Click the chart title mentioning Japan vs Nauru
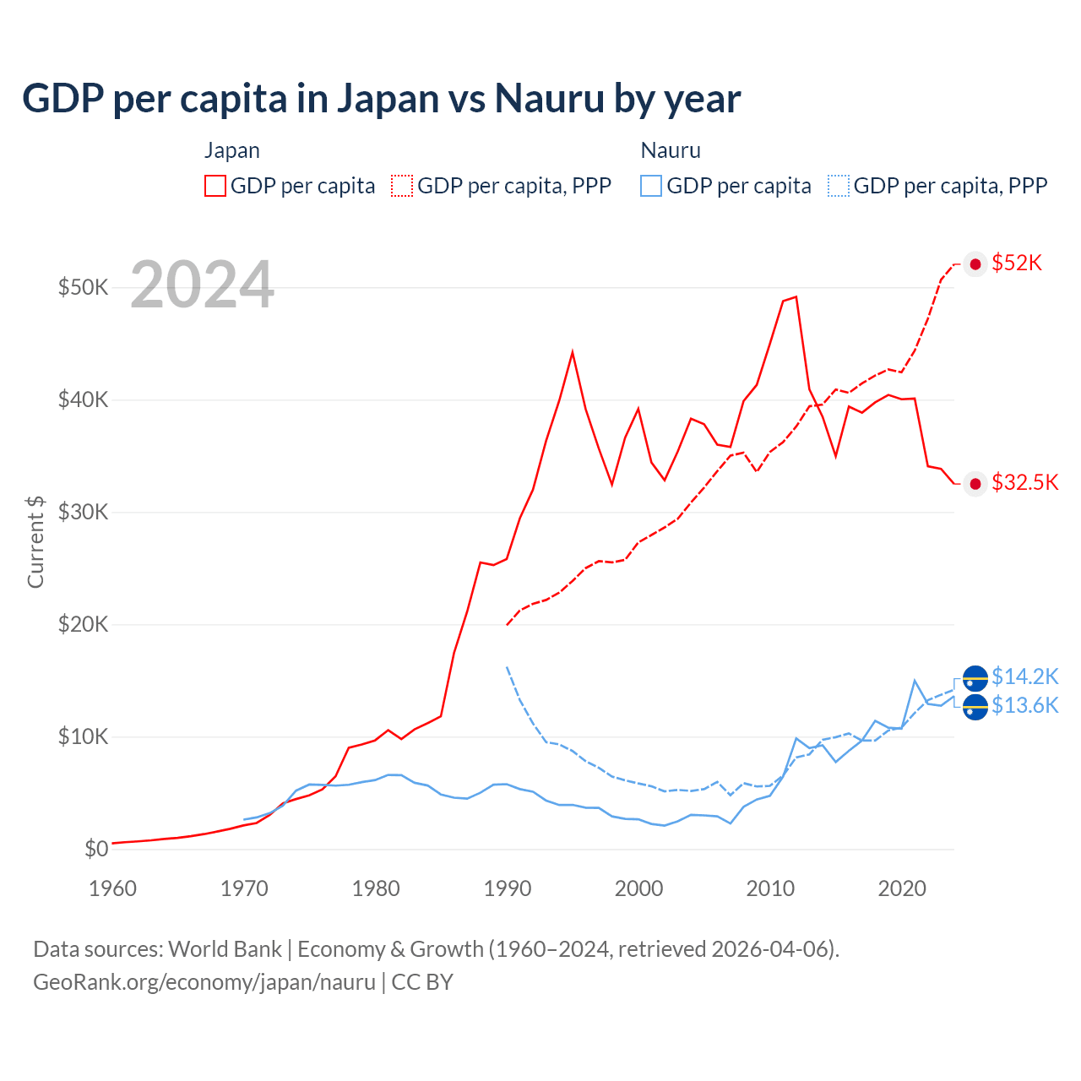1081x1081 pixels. coord(381,98)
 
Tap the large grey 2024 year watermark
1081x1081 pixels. coord(202,285)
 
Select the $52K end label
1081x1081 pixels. coord(1017,263)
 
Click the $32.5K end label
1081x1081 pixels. coord(1024,482)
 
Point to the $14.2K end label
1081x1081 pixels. coord(1024,676)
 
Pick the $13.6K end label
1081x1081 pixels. coord(1024,705)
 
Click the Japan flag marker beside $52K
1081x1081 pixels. coord(975,264)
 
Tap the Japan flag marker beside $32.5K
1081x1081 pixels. coord(975,483)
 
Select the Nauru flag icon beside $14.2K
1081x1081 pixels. coord(975,678)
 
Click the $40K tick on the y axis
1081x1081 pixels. coord(83,399)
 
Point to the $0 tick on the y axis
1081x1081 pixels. coord(96,849)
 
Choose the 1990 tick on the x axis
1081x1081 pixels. coord(508,888)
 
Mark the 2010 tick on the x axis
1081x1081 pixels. coord(770,888)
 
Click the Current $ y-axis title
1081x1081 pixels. coord(35,541)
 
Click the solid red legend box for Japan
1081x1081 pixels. coord(215,186)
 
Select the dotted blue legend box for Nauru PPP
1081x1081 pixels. coord(839,186)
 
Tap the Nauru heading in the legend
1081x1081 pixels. coord(671,150)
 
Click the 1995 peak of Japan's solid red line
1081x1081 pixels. coord(573,351)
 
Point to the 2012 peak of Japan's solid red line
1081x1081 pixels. coord(796,296)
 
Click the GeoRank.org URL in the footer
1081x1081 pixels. coord(204,982)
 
